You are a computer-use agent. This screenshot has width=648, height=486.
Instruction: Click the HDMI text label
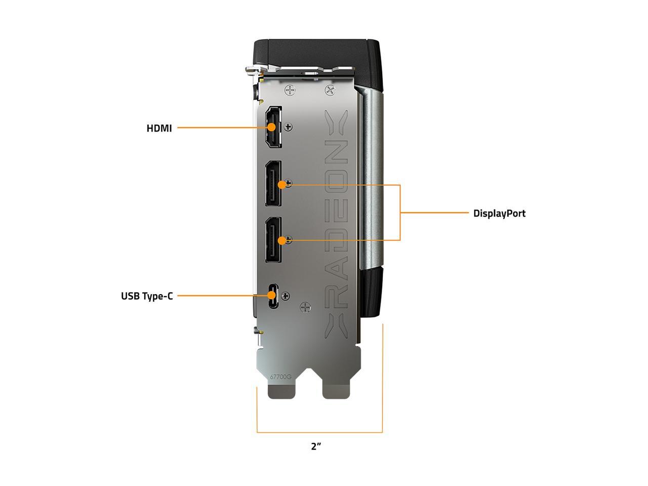(159, 128)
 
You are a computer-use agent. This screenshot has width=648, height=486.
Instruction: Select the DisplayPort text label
(499, 213)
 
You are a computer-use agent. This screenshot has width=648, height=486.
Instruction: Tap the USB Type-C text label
(147, 296)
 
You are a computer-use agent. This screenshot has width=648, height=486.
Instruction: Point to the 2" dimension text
(316, 446)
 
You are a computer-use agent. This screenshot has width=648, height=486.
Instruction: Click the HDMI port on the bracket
(274, 128)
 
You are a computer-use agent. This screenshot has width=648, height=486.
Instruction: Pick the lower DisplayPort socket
(274, 239)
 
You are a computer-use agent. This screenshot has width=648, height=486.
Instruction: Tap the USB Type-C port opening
(273, 296)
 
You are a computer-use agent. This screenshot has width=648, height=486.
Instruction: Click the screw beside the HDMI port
(289, 127)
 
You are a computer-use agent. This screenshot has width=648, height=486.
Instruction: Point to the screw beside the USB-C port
(286, 296)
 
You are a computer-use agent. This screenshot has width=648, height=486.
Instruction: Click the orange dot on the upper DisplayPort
(281, 185)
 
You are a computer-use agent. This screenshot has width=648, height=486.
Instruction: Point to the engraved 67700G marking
(281, 377)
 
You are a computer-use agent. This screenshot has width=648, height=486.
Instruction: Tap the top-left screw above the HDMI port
(290, 91)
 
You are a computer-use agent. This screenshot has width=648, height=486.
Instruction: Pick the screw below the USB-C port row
(305, 307)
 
